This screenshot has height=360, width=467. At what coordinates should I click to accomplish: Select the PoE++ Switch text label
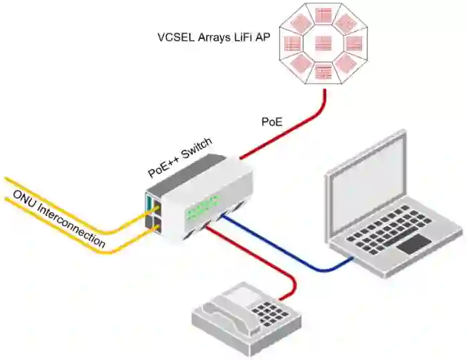tap(179, 156)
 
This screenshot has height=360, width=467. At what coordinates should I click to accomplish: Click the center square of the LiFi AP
tap(323, 43)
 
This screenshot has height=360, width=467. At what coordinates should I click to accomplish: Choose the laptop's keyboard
tap(394, 230)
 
